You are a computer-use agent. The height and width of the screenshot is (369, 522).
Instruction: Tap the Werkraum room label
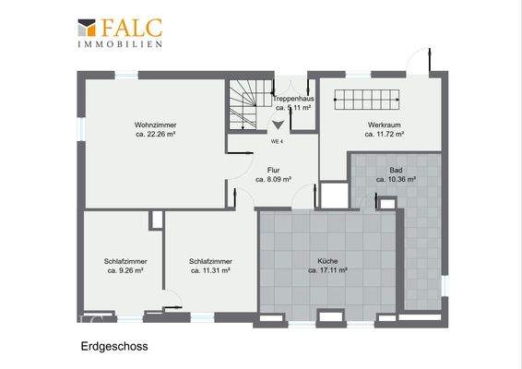tap(385, 124)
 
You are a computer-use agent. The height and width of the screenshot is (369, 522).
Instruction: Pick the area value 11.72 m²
tap(385, 134)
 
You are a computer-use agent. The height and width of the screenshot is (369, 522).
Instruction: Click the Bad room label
tap(396, 170)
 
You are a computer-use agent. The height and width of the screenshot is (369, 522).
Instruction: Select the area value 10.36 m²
tap(396, 180)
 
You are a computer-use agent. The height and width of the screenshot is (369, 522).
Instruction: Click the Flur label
tap(273, 170)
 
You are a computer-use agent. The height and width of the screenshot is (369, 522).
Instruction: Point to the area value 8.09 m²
tap(273, 180)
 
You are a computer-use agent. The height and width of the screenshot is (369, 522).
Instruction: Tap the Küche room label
tap(327, 261)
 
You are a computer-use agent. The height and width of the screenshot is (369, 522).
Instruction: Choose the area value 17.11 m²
tap(327, 271)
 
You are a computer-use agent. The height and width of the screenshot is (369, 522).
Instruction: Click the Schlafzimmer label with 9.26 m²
tap(125, 261)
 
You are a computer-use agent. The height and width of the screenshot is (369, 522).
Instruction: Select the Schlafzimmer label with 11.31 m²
tap(209, 261)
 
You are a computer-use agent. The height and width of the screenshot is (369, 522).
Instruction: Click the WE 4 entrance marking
tap(277, 141)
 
